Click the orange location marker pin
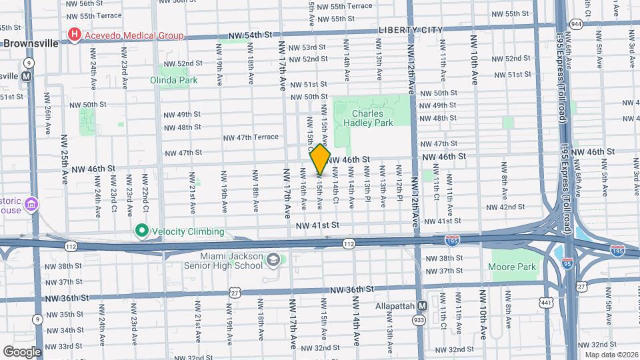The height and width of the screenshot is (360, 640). tap(320, 159)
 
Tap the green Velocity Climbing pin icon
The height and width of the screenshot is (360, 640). tap(141, 231)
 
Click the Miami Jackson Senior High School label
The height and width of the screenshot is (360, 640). tap(231, 261)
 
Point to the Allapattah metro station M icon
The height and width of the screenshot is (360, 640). tap(422, 306)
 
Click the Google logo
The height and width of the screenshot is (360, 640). tap(22, 351)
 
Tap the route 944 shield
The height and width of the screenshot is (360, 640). tap(576, 23)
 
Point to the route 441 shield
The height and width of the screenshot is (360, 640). tap(547, 303)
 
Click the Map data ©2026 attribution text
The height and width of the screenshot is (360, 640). tap(607, 355)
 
